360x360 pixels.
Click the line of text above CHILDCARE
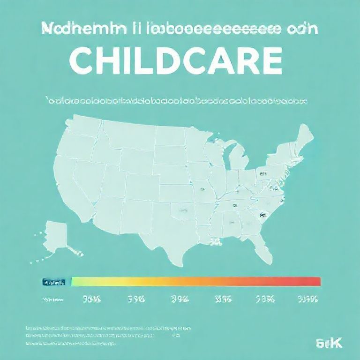[x=180, y=29]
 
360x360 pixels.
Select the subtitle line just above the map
[x=176, y=100]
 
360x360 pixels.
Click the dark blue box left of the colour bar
[x=53, y=282]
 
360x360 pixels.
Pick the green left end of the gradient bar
[x=76, y=281]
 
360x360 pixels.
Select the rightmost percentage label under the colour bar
[x=307, y=299]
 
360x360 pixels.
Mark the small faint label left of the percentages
[x=52, y=299]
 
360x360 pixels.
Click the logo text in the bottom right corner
[x=330, y=344]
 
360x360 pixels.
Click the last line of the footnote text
[x=70, y=344]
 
